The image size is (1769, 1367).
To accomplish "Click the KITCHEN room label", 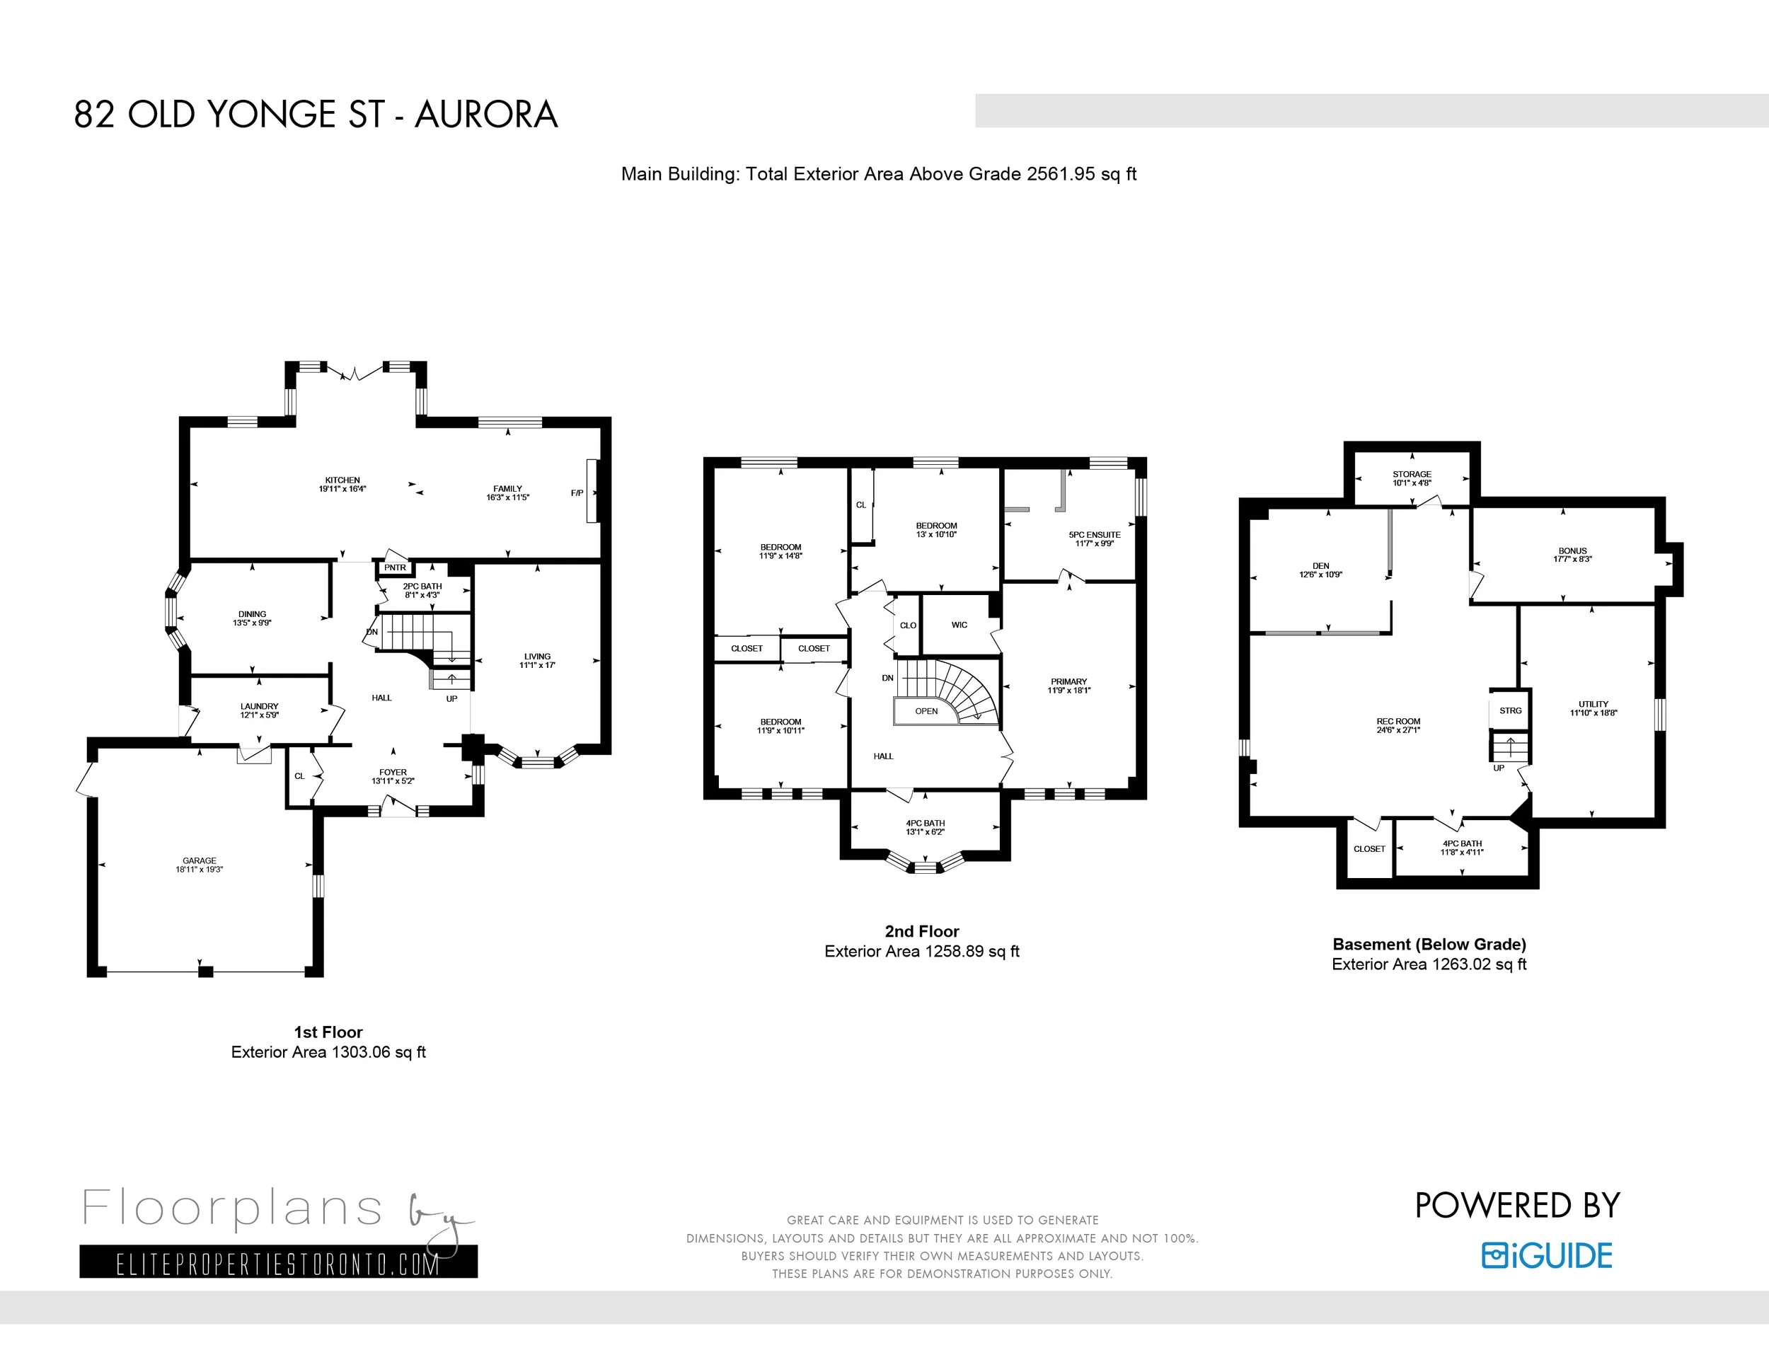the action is click(342, 480).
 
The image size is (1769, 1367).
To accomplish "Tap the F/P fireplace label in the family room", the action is click(577, 493).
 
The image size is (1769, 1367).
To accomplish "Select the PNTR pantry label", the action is click(396, 567).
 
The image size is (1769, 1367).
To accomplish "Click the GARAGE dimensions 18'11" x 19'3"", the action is click(200, 869).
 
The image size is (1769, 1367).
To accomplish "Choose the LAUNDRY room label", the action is click(259, 707).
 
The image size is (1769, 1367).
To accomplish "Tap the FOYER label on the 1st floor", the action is click(393, 773).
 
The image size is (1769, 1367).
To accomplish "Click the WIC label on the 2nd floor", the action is click(959, 625).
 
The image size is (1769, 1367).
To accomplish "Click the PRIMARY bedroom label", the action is click(1069, 682).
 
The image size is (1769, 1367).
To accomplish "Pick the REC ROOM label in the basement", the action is click(1398, 722).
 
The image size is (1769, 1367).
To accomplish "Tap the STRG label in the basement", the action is click(1511, 710).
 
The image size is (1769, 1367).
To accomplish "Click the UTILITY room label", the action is click(1594, 705).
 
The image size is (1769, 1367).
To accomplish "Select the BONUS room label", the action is click(1572, 550).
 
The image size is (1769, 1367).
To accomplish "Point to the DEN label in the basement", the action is click(1320, 566).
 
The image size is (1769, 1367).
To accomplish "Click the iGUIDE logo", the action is click(1547, 1255).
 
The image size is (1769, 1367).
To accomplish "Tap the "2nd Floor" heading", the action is click(922, 931).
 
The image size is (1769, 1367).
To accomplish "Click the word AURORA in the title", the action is click(486, 114).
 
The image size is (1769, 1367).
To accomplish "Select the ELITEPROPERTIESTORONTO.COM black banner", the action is click(279, 1262).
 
